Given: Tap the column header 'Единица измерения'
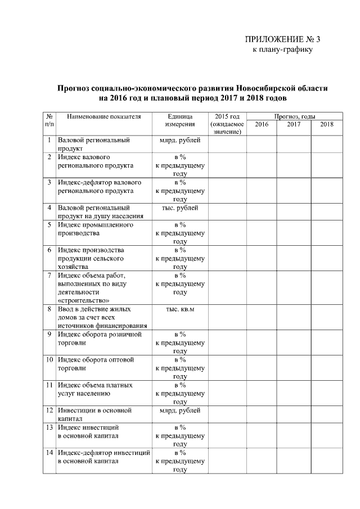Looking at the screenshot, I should tap(180, 120).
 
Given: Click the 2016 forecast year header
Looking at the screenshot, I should tap(262, 124).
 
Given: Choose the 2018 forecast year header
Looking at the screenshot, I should tap(326, 124).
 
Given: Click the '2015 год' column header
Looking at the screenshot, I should tap(227, 124).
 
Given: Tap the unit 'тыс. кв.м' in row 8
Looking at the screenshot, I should tap(180, 309).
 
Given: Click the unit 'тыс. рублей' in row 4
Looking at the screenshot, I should tap(180, 208).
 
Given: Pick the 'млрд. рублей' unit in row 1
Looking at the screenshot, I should tap(180, 140).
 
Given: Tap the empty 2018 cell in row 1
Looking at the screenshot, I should tap(326, 144).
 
